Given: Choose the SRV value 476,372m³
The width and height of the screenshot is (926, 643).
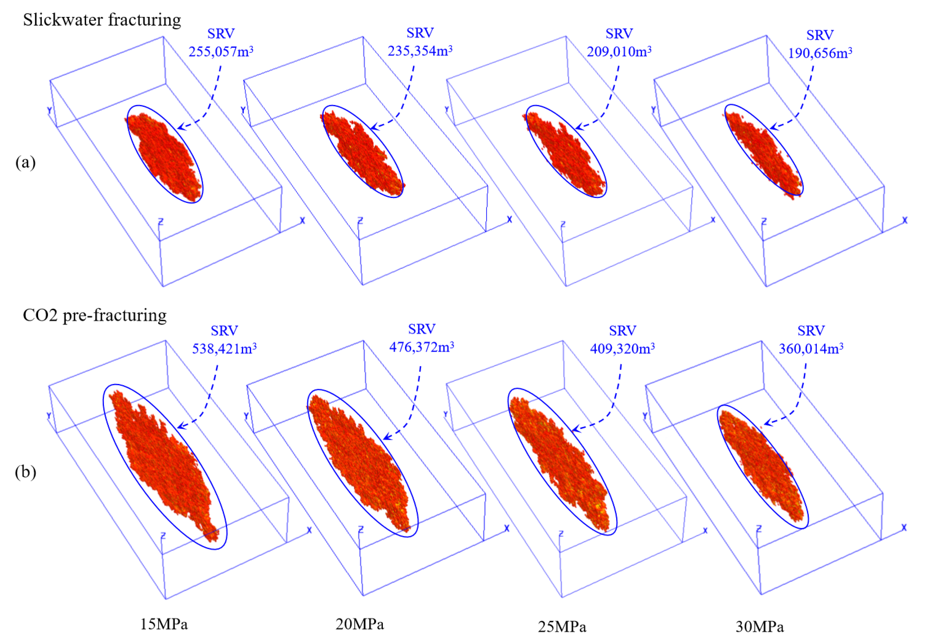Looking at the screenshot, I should tap(421, 347).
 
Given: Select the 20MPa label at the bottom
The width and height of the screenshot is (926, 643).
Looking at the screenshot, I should tap(359, 624).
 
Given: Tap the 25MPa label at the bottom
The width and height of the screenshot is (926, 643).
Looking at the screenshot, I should tap(562, 627).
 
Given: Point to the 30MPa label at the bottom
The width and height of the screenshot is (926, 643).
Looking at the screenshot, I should tap(760, 627).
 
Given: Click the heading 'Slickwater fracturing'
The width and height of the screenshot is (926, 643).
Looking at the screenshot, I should tap(102, 20).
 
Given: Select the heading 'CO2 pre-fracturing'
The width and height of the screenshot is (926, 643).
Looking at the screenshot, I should tap(95, 315).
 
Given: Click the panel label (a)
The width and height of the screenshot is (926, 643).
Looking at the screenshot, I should tap(25, 162).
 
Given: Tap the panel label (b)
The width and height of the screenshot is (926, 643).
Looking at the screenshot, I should tap(25, 472).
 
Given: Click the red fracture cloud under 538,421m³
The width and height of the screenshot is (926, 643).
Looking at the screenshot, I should tap(163, 463).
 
